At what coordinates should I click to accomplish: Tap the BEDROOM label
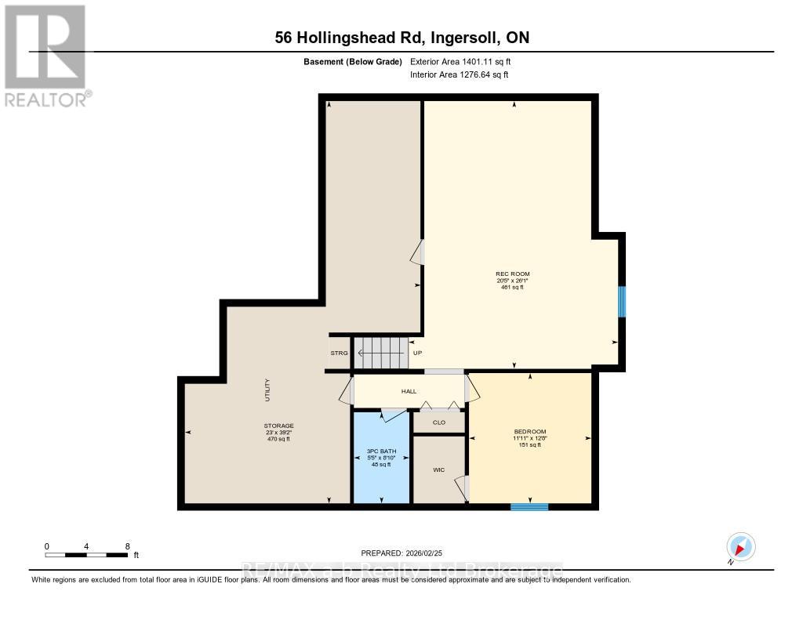coord(529,431)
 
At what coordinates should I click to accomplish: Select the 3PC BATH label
coord(380,451)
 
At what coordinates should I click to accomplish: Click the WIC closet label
coord(439,470)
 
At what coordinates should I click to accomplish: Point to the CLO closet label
coord(439,422)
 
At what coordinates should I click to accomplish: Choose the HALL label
coord(409,391)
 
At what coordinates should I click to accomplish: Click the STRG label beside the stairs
coord(339,354)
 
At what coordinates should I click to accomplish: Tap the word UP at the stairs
coord(417,354)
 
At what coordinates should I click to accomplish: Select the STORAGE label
coord(278,426)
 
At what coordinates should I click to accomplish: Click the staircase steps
coord(382,353)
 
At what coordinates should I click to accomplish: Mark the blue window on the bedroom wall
coord(529,506)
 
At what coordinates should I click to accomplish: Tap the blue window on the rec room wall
coord(621,302)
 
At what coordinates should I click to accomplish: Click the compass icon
coord(740,546)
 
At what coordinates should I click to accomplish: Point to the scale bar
coord(86,555)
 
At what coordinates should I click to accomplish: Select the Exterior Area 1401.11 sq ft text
coord(460,61)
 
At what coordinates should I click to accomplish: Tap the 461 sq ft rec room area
coord(512,288)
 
